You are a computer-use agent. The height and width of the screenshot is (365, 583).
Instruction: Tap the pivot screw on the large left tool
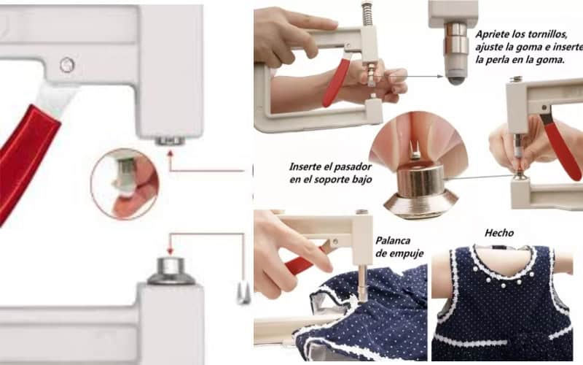click(67, 65)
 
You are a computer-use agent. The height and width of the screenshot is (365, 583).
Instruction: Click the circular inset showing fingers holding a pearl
click(124, 182)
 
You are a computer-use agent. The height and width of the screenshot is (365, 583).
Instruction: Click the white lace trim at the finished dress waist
click(503, 340)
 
